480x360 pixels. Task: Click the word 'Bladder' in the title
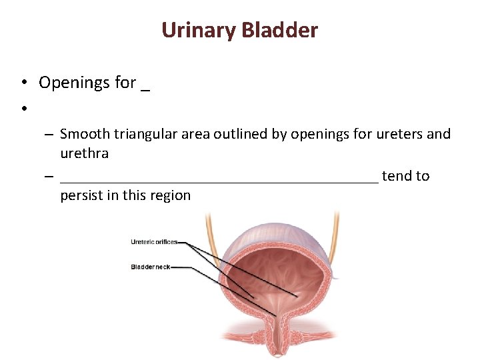(x=279, y=30)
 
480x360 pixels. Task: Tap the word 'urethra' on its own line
(x=84, y=153)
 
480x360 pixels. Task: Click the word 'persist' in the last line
(x=81, y=195)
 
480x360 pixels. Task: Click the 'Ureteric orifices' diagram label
(x=154, y=242)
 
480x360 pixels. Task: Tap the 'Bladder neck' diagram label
(x=150, y=267)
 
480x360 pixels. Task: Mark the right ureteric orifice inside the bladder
(x=297, y=296)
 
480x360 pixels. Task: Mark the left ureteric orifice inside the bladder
(x=251, y=296)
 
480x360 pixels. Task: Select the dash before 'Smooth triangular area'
(x=50, y=134)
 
